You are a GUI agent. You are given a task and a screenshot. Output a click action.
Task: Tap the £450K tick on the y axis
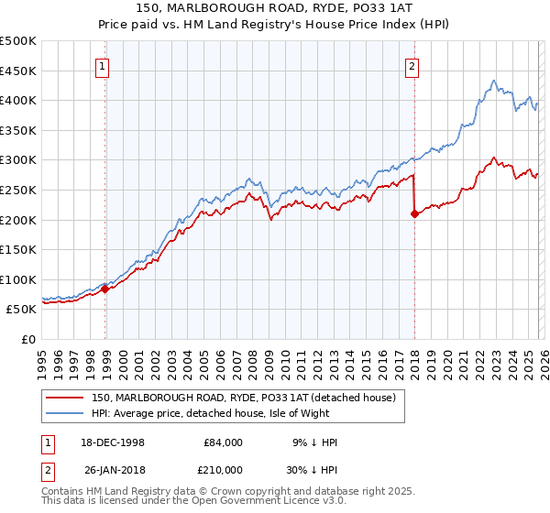[x=18, y=71]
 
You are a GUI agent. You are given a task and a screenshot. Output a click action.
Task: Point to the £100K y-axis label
[x=18, y=279]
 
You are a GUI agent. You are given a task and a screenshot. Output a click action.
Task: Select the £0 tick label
[x=29, y=339]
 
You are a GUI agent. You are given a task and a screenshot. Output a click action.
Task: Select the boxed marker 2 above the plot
[x=412, y=66]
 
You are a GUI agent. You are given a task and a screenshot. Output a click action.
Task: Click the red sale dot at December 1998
[x=105, y=289]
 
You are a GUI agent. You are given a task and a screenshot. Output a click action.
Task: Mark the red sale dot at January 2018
[x=414, y=214]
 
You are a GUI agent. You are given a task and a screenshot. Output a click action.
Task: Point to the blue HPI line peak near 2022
[x=493, y=81]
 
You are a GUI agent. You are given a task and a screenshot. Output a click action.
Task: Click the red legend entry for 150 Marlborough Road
[x=243, y=398]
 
